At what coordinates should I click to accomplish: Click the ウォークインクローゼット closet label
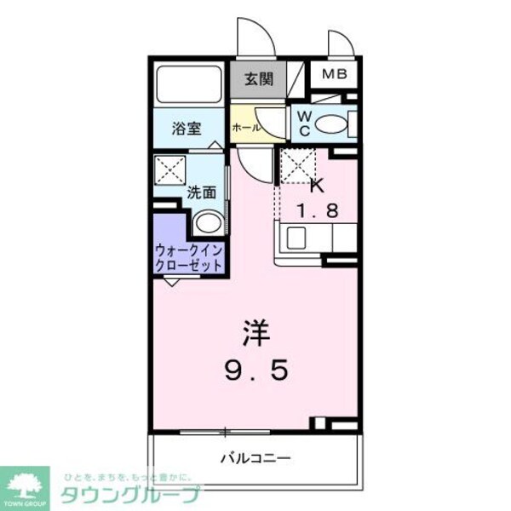coord(189,257)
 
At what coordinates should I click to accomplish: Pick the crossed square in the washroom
coord(169,169)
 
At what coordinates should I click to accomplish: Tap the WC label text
coord(303,123)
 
